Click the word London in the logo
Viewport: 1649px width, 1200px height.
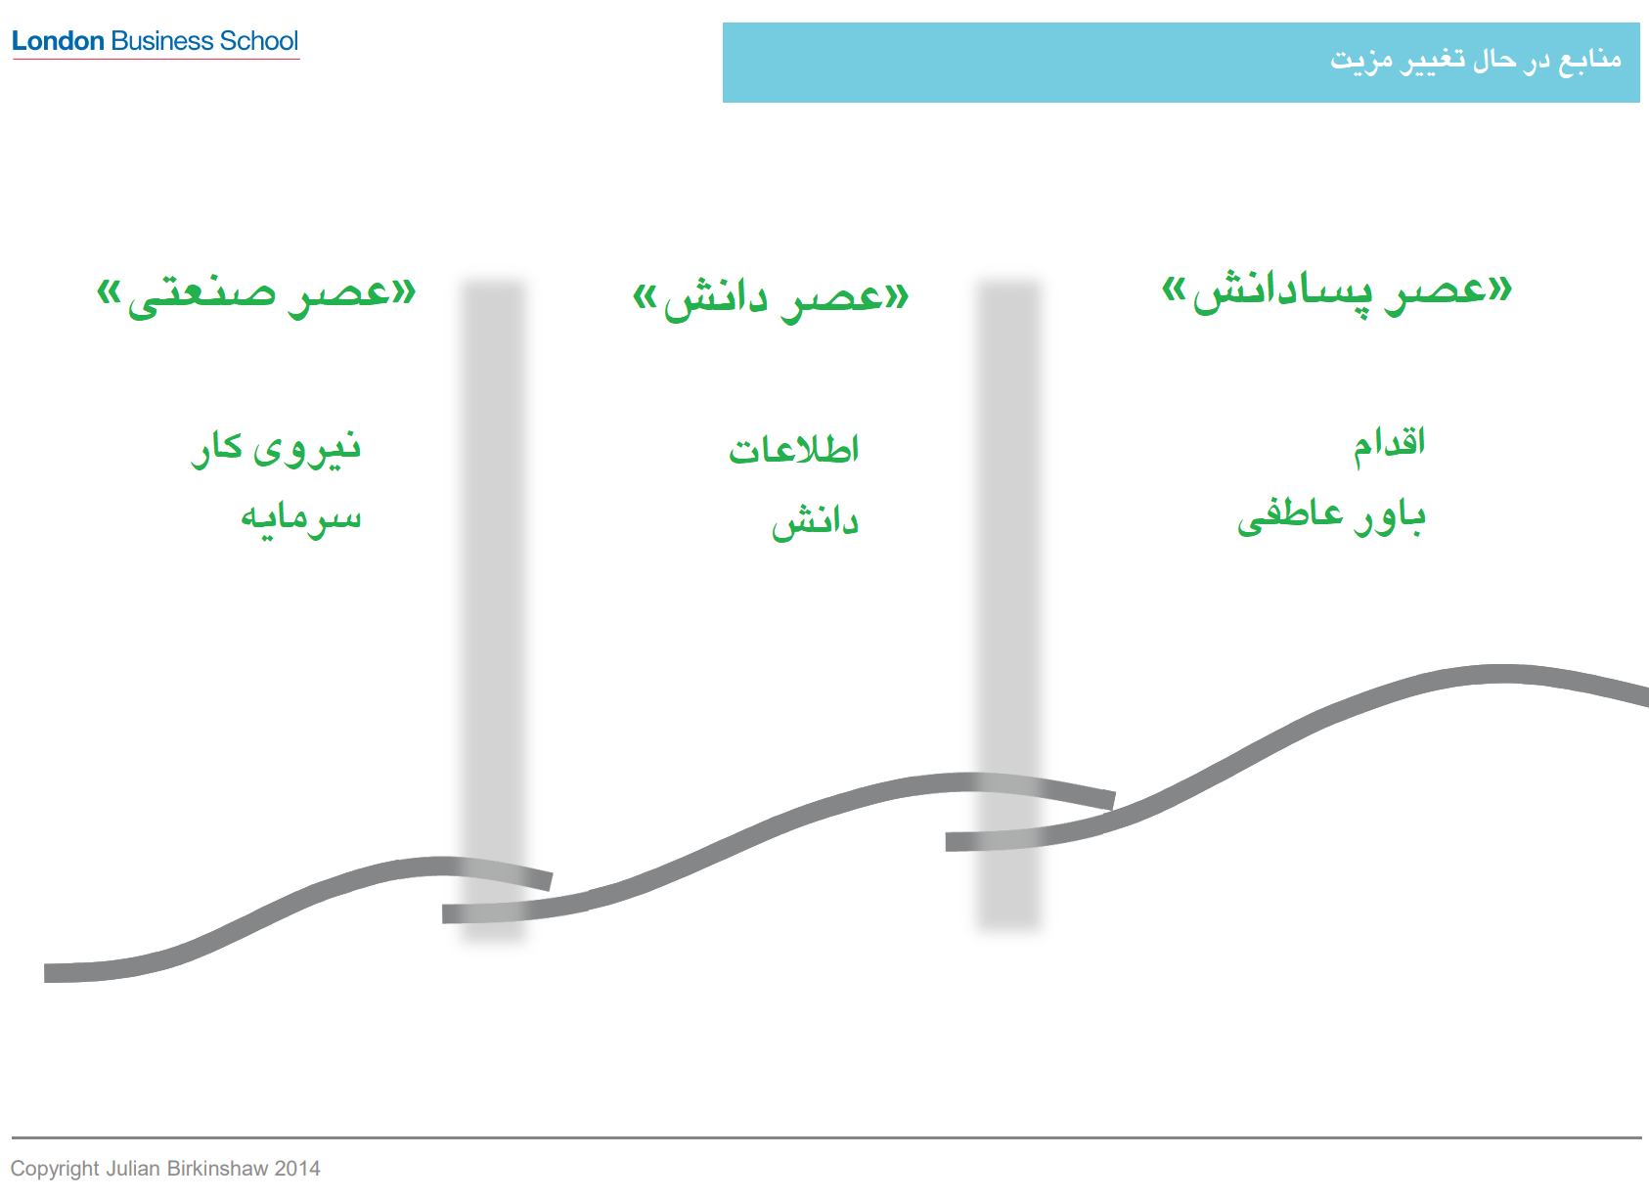coord(58,40)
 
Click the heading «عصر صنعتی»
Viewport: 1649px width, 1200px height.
coord(256,296)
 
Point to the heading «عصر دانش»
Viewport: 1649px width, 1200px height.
coord(771,300)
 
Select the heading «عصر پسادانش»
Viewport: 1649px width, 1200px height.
coord(1337,294)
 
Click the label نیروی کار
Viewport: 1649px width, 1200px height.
coord(276,449)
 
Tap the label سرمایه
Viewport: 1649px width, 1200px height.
coord(301,520)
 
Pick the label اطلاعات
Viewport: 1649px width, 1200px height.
coord(793,449)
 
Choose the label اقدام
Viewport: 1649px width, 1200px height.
coord(1389,445)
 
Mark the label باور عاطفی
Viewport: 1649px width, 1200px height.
coord(1332,517)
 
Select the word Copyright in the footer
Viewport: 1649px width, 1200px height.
coord(55,1169)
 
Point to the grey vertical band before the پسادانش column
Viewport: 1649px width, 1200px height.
coord(1008,603)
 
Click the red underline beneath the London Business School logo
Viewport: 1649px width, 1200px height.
coord(156,59)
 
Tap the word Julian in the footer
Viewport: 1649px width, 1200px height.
coord(133,1169)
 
